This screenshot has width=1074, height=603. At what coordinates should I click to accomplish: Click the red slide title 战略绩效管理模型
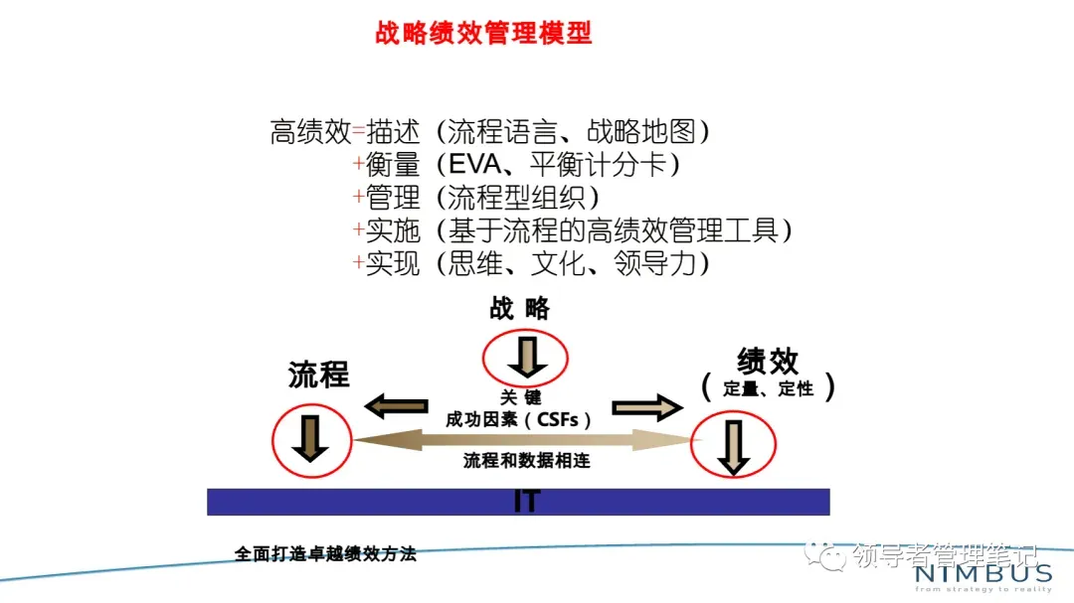[x=483, y=34]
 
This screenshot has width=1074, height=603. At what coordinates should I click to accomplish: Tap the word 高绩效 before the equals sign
[x=310, y=131]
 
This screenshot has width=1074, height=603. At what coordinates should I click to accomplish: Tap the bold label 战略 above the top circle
[x=519, y=308]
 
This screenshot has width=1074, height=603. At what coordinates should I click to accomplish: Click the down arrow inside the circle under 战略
[x=525, y=357]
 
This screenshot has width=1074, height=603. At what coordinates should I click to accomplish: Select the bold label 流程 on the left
[x=318, y=375]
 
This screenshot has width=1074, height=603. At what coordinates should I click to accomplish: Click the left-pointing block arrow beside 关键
[x=395, y=405]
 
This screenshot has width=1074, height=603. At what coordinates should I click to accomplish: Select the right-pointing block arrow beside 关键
[x=646, y=406]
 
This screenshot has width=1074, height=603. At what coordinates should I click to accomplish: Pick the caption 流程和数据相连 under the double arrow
[x=526, y=460]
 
